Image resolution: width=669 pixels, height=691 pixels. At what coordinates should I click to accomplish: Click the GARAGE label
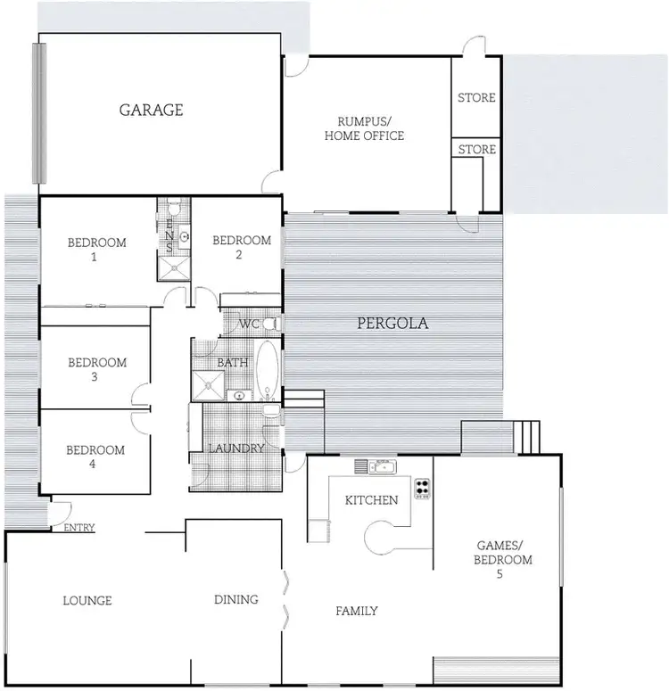point(152,110)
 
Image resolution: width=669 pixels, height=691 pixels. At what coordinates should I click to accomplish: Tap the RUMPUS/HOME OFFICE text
point(364,128)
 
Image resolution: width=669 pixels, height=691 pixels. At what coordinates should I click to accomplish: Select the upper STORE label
point(476,97)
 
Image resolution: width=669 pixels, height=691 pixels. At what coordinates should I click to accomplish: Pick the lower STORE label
point(476,149)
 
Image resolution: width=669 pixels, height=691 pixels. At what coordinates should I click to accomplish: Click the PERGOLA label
point(392,324)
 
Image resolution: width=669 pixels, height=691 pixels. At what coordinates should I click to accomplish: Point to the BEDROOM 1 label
point(97,249)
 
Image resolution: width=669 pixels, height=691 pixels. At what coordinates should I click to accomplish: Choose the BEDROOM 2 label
point(241,247)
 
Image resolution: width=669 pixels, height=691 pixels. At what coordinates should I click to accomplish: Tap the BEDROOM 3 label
point(97,369)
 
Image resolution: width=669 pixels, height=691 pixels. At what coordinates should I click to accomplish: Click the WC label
point(248,325)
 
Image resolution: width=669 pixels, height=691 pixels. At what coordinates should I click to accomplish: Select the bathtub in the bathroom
point(268,369)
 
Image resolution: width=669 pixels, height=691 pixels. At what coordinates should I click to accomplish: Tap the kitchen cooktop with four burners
point(422,488)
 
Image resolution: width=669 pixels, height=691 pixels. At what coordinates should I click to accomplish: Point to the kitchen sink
point(381,466)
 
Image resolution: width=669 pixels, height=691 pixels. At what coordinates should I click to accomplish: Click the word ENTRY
point(79,528)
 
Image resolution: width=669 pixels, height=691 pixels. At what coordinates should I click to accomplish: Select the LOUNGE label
point(87,600)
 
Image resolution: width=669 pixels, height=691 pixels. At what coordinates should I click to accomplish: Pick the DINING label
point(236,599)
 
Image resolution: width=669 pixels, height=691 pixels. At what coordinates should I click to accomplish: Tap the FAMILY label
point(357,611)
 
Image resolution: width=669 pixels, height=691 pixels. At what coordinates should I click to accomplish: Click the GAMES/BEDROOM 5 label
point(505,560)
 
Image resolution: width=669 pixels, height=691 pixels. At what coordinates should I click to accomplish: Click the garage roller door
point(38,111)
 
